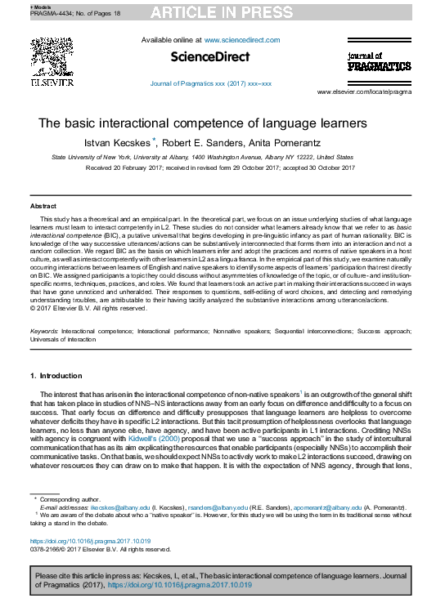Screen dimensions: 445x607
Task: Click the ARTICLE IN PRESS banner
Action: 222,11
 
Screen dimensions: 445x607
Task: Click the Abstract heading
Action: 43,207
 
